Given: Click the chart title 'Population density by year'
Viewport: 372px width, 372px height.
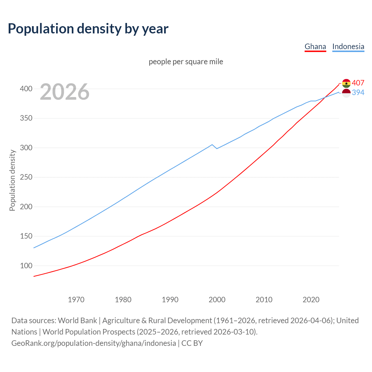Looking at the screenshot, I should pyautogui.click(x=88, y=28).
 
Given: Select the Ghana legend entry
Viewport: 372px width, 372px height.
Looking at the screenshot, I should pyautogui.click(x=315, y=46).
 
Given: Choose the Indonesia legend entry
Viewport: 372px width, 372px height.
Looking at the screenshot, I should pyautogui.click(x=348, y=46).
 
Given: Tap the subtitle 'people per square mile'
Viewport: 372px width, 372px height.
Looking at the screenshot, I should pyautogui.click(x=186, y=62).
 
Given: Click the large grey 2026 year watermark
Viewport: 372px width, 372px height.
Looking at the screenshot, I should pyautogui.click(x=65, y=92).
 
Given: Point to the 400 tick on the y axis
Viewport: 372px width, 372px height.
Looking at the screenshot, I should pyautogui.click(x=26, y=89).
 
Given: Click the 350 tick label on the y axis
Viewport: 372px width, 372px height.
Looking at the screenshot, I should pyautogui.click(x=26, y=118).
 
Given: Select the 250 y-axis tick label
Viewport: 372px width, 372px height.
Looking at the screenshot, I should pyautogui.click(x=26, y=177).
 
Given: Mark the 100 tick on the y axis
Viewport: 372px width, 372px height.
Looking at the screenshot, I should pyautogui.click(x=26, y=266).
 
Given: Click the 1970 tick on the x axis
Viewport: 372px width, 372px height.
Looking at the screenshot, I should pyautogui.click(x=76, y=299).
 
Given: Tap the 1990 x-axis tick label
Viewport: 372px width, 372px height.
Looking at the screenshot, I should pyautogui.click(x=170, y=299).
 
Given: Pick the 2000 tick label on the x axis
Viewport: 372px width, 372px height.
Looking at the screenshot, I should pyautogui.click(x=217, y=299).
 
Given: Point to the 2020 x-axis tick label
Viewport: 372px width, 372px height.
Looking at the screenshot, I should pyautogui.click(x=311, y=299).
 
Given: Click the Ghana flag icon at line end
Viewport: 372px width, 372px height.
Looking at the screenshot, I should pyautogui.click(x=346, y=83).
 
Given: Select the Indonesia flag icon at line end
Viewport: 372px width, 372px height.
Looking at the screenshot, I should pyautogui.click(x=346, y=93).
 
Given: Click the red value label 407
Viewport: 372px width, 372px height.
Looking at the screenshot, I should pyautogui.click(x=358, y=83).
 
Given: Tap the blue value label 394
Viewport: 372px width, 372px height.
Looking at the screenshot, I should pyautogui.click(x=358, y=92).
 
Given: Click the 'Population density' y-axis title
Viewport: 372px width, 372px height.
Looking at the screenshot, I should pyautogui.click(x=12, y=180).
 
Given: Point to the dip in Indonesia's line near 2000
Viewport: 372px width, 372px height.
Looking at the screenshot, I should pyautogui.click(x=217, y=149).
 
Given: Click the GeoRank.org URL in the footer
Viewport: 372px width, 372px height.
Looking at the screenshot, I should pyautogui.click(x=94, y=343).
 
